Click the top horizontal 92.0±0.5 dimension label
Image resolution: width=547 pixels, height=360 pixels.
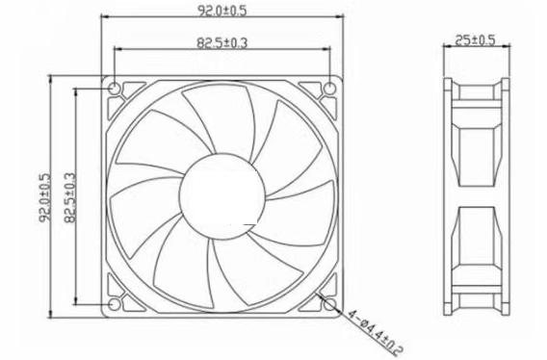coord(222,11)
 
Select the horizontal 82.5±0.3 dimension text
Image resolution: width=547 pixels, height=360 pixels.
coord(222,43)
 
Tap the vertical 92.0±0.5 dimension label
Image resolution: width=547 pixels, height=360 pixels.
coord(44,197)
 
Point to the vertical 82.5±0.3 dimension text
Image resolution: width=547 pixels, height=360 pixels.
coord(69,197)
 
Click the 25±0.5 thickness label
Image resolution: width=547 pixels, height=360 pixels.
coord(475,40)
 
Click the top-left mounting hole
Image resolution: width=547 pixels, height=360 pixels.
coord(115,89)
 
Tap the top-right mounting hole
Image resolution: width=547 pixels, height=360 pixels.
coord(329,89)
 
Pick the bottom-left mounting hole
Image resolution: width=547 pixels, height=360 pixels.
coord(114,304)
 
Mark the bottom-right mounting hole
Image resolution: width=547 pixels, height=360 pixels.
coord(329,304)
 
